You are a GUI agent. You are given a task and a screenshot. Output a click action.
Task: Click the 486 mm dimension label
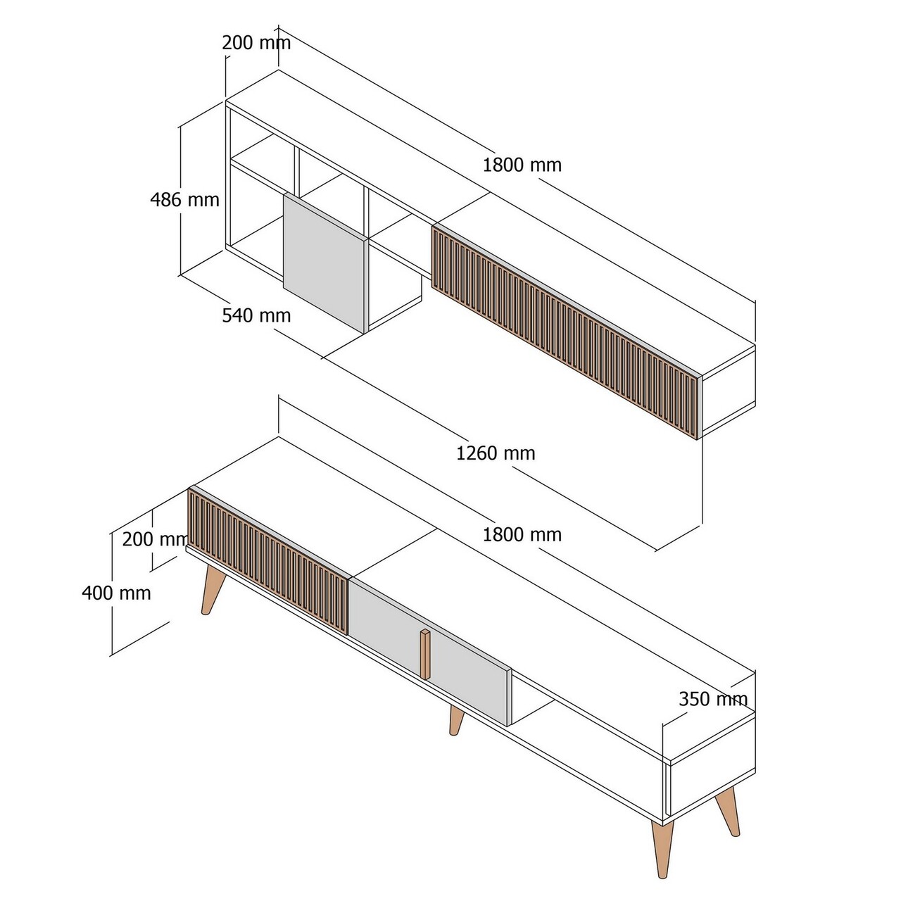pyautogui.click(x=185, y=200)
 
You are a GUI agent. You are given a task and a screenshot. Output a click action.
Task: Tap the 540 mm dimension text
pyautogui.click(x=256, y=315)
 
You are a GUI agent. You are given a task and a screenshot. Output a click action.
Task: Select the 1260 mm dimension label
pyautogui.click(x=496, y=453)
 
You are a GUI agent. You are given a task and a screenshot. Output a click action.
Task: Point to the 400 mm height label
pyautogui.click(x=116, y=593)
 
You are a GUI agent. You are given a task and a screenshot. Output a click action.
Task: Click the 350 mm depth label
pyautogui.click(x=712, y=699)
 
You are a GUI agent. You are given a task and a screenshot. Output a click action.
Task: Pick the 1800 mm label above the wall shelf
pyautogui.click(x=522, y=165)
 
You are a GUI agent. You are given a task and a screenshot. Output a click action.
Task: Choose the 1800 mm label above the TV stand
pyautogui.click(x=522, y=535)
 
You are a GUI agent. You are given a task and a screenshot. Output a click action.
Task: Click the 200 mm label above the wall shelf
pyautogui.click(x=256, y=43)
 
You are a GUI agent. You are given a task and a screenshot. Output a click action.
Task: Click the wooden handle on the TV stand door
pyautogui.click(x=425, y=655)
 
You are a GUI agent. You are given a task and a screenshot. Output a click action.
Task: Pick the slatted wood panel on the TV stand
pyautogui.click(x=267, y=556)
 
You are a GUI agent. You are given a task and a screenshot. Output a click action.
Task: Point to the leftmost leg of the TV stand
pyautogui.click(x=213, y=589)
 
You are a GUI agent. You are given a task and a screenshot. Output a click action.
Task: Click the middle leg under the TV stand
pyautogui.click(x=457, y=719)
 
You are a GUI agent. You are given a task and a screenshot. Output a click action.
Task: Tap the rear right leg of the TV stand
pyautogui.click(x=728, y=809)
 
